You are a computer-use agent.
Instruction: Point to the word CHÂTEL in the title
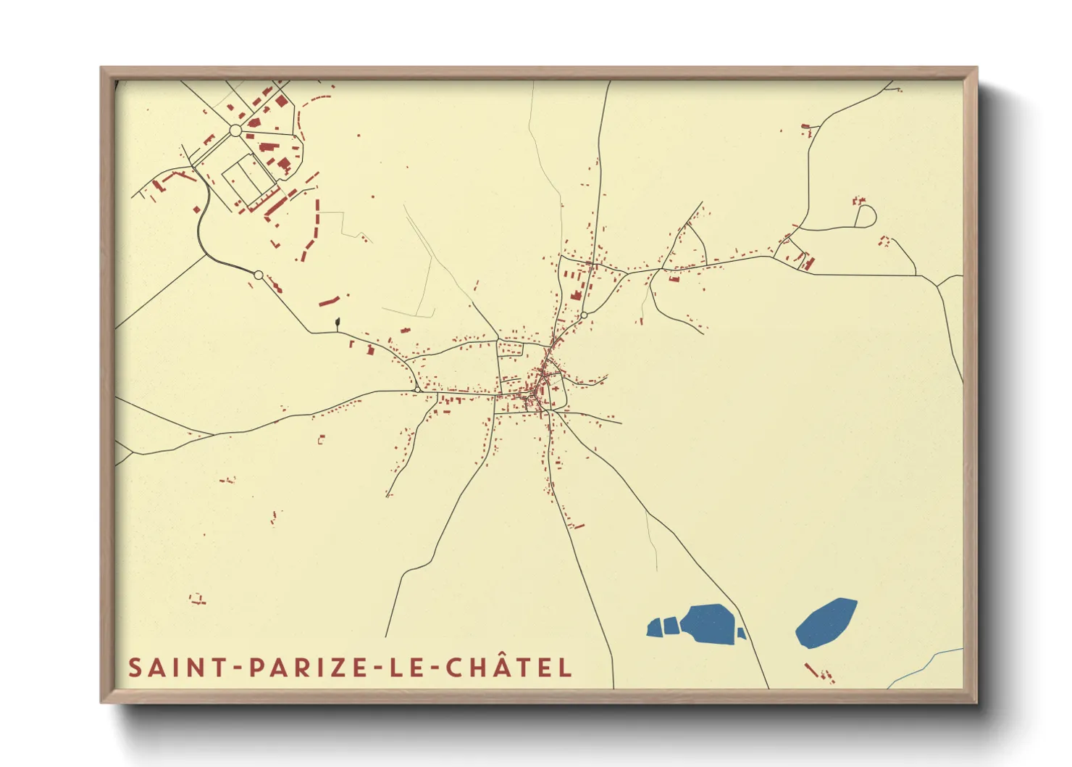click(508, 667)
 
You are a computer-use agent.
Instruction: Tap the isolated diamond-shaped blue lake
click(826, 622)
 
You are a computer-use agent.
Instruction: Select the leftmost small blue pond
click(654, 627)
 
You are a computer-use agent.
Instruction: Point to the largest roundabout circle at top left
click(235, 130)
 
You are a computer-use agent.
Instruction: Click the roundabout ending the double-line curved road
click(259, 275)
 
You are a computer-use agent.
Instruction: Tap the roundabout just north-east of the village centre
click(584, 315)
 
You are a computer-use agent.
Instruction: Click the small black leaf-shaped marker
click(337, 321)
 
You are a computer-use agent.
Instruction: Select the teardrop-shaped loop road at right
click(866, 215)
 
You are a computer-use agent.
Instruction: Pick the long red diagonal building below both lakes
click(811, 669)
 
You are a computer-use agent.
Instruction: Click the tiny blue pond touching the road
click(741, 634)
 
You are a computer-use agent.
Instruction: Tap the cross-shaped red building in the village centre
click(556, 389)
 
